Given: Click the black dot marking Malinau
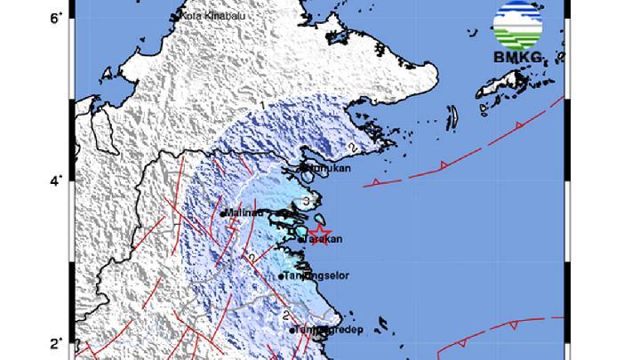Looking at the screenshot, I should tap(221, 213).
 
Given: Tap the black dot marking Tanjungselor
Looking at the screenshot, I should tap(281, 276).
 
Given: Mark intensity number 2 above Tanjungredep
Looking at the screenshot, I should tap(285, 315).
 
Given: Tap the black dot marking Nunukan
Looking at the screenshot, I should tap(302, 166).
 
